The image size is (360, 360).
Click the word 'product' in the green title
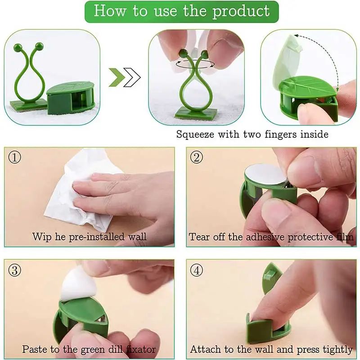(241, 11)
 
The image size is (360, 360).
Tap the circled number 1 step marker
(15, 157)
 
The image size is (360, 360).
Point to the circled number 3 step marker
(15, 270)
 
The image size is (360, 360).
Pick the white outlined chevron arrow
(131, 77)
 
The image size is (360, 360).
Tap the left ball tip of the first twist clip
(18, 47)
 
